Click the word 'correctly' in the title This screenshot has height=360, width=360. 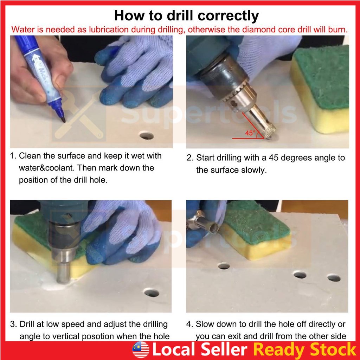pyautogui.click(x=228, y=16)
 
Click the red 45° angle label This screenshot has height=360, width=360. pyautogui.click(x=250, y=133)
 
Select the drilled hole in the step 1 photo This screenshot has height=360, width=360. pyautogui.click(x=146, y=135)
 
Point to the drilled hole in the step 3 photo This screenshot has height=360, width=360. pyautogui.click(x=152, y=292)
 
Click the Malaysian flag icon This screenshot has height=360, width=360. pyautogui.click(x=141, y=350)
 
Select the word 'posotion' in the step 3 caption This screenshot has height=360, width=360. pyautogui.click(x=110, y=336)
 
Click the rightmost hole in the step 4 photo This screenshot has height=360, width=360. pyautogui.click(x=334, y=278)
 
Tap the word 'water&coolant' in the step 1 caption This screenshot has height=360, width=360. pyautogui.click(x=47, y=168)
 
